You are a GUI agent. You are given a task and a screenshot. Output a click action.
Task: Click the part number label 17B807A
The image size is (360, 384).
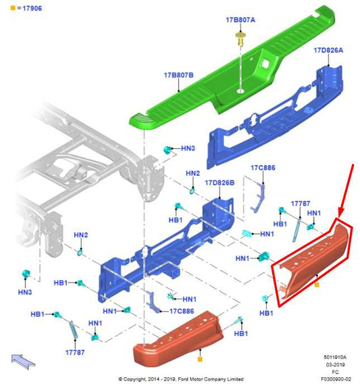click(x=240, y=20)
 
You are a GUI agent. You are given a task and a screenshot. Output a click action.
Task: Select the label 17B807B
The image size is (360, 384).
click(x=179, y=75)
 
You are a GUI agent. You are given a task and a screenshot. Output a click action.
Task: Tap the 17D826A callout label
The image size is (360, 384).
click(x=328, y=50)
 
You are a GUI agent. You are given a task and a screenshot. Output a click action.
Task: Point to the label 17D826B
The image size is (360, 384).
click(x=220, y=183)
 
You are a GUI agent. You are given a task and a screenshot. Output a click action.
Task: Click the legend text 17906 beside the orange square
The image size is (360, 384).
click(x=32, y=8)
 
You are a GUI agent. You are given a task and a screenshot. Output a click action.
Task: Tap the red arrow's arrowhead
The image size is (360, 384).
click(x=340, y=212)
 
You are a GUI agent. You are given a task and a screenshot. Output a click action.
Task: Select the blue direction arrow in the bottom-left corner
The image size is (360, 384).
click(x=23, y=362)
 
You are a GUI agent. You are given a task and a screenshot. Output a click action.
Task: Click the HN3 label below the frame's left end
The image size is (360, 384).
click(x=25, y=292)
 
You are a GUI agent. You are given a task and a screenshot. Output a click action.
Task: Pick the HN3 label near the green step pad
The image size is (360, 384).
click(x=188, y=148)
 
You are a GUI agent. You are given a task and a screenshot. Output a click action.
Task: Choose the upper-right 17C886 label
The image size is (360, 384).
click(x=263, y=168)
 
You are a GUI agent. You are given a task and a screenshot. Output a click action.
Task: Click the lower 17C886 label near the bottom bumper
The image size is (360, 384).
click(x=182, y=311)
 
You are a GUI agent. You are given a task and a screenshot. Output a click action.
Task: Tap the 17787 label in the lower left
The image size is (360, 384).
click(x=75, y=352)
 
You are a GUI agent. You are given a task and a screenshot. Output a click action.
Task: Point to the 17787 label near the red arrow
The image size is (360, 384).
click(x=301, y=203)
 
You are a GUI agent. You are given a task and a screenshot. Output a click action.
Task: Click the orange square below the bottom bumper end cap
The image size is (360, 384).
click(x=200, y=359)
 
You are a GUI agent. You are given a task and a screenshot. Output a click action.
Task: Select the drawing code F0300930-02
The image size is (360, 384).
click(x=336, y=379)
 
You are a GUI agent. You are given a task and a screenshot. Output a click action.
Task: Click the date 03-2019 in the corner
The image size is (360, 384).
click(x=335, y=364)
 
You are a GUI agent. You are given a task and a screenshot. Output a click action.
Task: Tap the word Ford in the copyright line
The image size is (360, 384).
click(x=183, y=379)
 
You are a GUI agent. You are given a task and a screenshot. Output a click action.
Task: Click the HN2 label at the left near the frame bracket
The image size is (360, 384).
click(x=81, y=235)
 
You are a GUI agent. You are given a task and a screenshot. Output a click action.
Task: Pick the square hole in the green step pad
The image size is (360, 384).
click(x=265, y=64)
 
